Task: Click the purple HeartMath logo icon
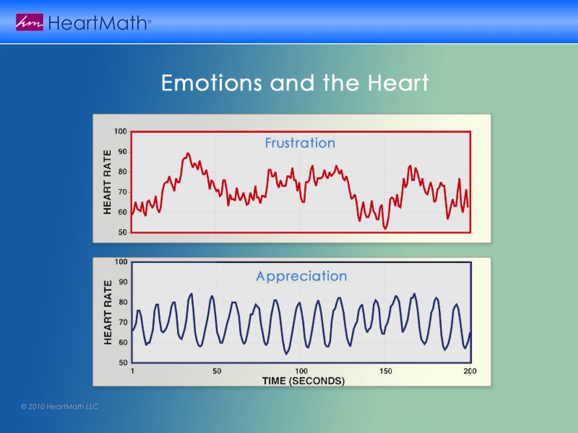29,22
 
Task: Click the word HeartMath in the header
98,23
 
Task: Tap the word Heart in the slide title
398,83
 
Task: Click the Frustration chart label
300,143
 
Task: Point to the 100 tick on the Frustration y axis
120,131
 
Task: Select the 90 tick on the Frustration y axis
123,152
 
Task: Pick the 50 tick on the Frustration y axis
123,232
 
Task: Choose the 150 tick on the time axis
386,371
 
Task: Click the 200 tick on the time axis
470,371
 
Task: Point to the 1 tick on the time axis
132,371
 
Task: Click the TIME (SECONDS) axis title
303,381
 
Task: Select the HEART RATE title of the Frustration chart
107,182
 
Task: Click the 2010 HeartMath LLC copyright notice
60,406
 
